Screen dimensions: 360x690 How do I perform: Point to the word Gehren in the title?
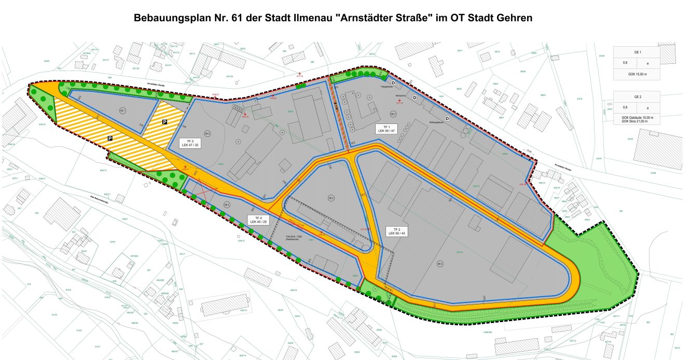click(x=514, y=18)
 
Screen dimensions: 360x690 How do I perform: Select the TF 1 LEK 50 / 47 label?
click(x=387, y=129)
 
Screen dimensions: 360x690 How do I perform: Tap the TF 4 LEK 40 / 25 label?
click(x=258, y=219)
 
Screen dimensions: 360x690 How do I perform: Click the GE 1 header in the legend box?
click(x=637, y=52)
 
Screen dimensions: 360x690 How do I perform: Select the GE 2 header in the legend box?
click(x=637, y=97)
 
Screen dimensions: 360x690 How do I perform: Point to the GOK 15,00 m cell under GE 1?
click(x=637, y=75)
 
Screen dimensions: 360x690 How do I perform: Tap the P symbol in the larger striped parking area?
click(x=110, y=139)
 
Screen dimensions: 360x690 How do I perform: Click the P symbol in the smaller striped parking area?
click(x=164, y=122)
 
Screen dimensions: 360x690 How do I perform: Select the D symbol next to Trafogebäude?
click(x=393, y=83)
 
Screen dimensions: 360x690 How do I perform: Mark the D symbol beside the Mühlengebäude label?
click(x=447, y=118)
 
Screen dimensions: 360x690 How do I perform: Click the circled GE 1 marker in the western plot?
click(x=123, y=111)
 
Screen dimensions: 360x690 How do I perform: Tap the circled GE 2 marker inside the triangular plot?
click(x=331, y=198)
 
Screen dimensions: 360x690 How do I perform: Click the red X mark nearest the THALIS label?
click(x=296, y=224)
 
